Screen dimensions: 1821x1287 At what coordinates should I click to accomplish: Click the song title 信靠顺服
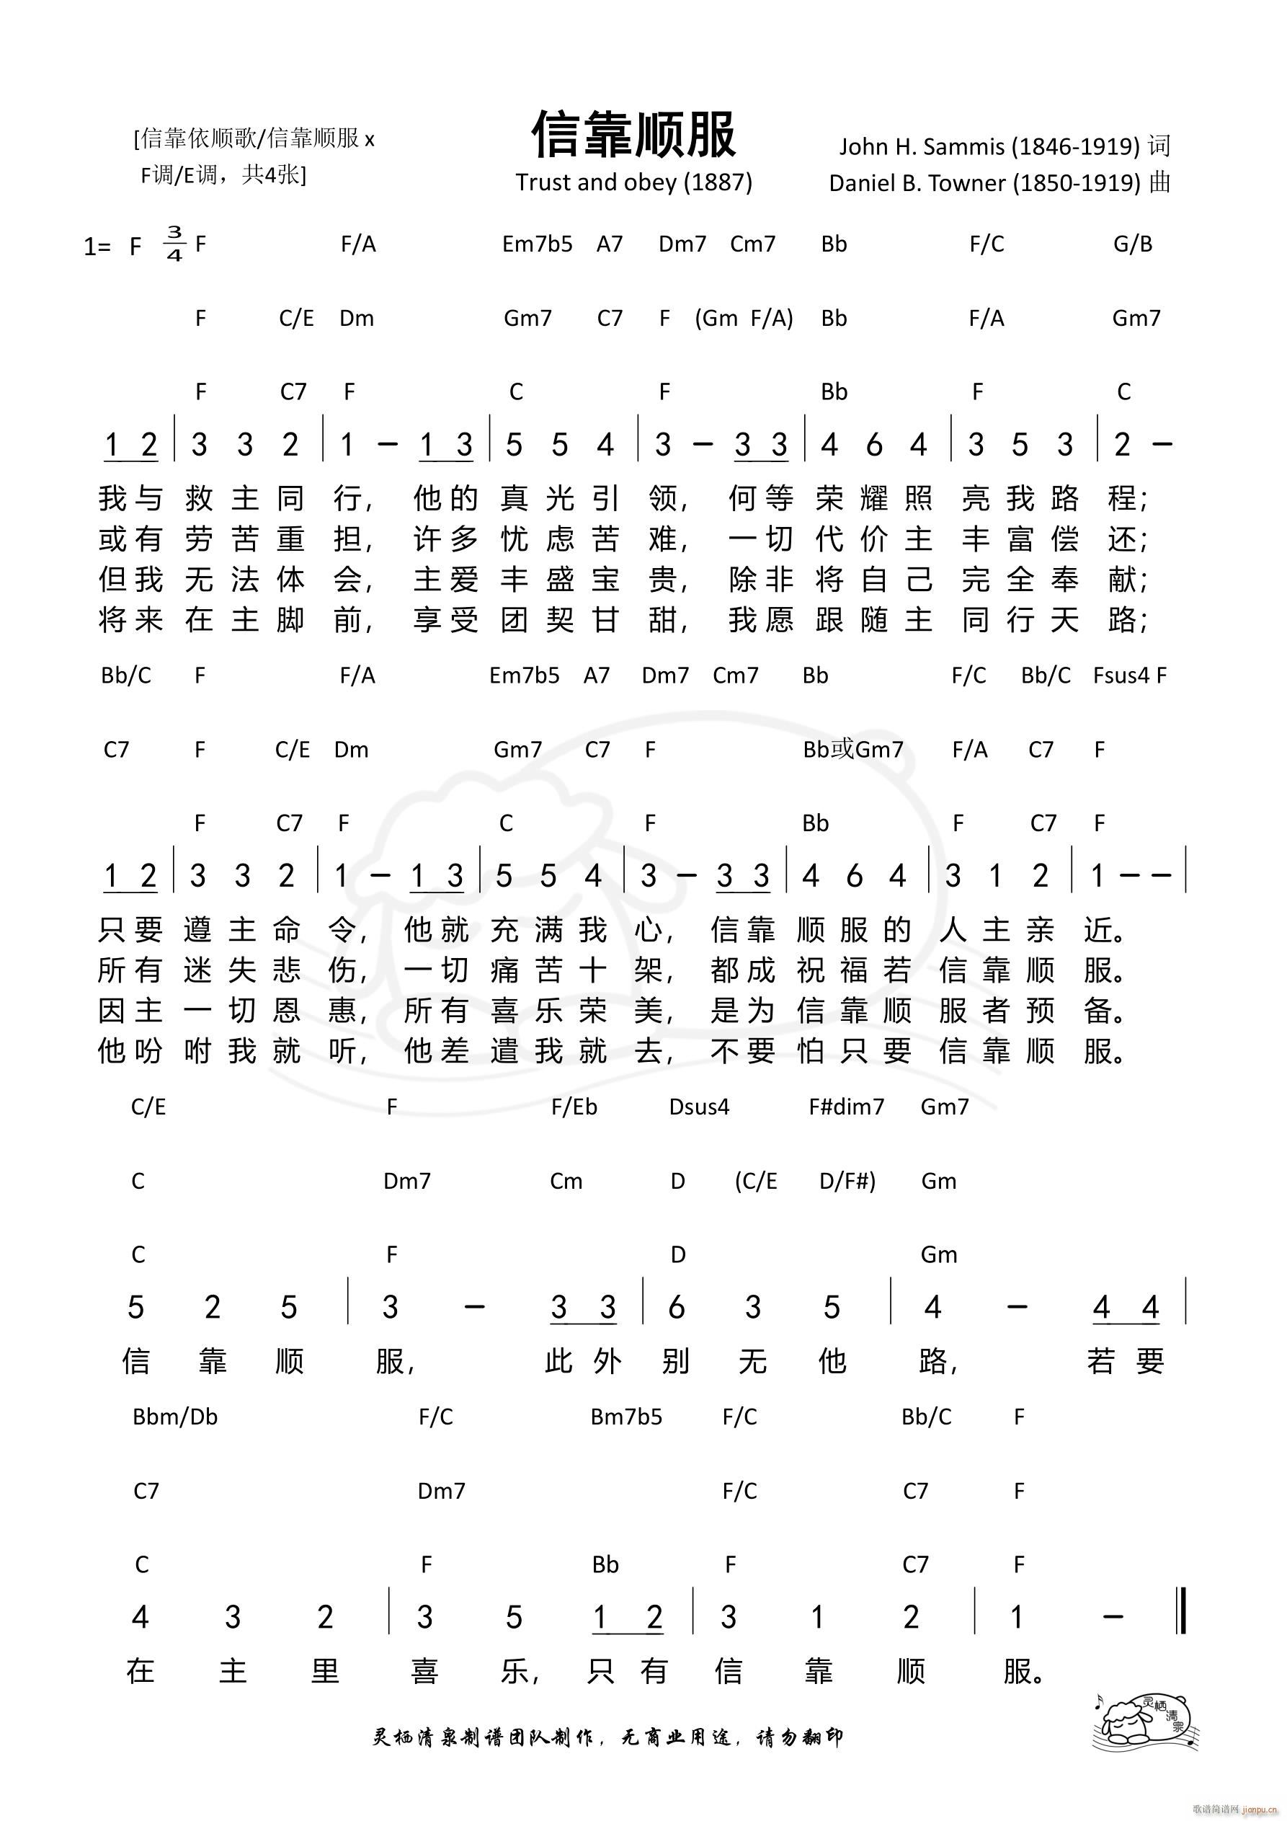pyautogui.click(x=633, y=135)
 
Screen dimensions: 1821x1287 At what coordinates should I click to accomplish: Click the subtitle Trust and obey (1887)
pyautogui.click(x=633, y=182)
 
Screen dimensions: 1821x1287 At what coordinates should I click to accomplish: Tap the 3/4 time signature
pyautogui.click(x=174, y=244)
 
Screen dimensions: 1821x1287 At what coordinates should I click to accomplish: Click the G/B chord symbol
pyautogui.click(x=1132, y=244)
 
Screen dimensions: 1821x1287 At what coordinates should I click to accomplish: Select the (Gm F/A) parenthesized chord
pyautogui.click(x=744, y=318)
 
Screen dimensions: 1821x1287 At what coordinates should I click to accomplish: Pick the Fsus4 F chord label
pyautogui.click(x=1129, y=675)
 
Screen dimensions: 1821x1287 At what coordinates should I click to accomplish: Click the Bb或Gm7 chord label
pyautogui.click(x=852, y=750)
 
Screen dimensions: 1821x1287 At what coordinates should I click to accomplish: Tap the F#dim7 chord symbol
pyautogui.click(x=846, y=1107)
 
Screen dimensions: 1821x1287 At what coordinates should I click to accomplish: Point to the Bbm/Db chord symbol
pyautogui.click(x=175, y=1417)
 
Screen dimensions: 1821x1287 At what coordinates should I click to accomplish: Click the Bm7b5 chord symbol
pyautogui.click(x=625, y=1417)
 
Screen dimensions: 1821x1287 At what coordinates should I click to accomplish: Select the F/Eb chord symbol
pyautogui.click(x=574, y=1107)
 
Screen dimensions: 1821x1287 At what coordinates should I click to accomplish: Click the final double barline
pyautogui.click(x=1184, y=1610)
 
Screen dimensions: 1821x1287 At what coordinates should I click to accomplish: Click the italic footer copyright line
pyautogui.click(x=607, y=1737)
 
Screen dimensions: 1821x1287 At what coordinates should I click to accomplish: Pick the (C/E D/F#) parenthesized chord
pyautogui.click(x=805, y=1181)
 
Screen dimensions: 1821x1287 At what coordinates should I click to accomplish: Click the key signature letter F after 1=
pyautogui.click(x=135, y=247)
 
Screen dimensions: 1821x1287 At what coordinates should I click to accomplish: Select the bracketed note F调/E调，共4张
pyautogui.click(x=223, y=174)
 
